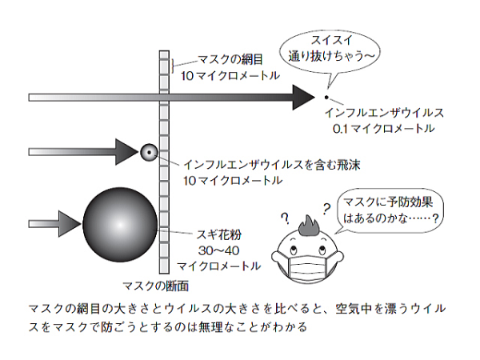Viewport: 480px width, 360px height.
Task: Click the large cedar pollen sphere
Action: (120, 225)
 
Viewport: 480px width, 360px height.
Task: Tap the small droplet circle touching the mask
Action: (149, 152)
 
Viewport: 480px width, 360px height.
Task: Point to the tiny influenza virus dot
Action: (326, 98)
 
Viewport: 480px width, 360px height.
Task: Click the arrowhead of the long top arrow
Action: (304, 98)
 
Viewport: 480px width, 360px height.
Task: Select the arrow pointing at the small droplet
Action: (83, 152)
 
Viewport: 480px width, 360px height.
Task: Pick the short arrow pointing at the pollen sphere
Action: (55, 224)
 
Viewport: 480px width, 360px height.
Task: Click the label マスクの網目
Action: (230, 59)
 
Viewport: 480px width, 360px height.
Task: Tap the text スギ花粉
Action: (219, 234)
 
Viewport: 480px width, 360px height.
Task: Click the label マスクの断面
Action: (155, 286)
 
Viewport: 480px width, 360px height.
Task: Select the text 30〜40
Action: (218, 250)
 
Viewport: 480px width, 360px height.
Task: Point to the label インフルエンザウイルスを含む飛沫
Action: (271, 165)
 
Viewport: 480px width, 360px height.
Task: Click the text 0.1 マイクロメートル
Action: (383, 128)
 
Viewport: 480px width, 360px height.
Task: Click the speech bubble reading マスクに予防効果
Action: (390, 211)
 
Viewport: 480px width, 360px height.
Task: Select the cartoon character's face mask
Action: (308, 265)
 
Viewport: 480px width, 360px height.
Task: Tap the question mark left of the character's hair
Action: (286, 218)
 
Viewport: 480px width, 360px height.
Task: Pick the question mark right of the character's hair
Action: (326, 209)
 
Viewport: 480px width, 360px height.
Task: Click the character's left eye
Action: (293, 248)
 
